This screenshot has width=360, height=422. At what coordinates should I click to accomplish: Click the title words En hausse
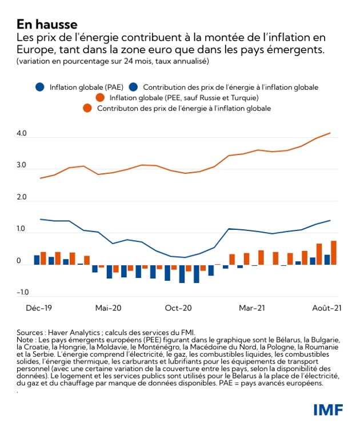point(47,24)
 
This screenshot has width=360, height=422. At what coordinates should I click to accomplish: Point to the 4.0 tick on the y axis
point(22,134)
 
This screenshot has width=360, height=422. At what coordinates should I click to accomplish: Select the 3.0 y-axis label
point(22,166)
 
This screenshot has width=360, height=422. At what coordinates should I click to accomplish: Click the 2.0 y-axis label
point(22,198)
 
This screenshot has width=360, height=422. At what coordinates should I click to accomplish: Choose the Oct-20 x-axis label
point(178,308)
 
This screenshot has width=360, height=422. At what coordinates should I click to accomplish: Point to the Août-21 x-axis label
point(323,308)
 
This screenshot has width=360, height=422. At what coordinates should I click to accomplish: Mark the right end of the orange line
point(330,133)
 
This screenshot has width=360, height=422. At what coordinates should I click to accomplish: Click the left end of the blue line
point(40,219)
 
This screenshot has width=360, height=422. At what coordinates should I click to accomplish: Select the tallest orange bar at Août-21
point(334,253)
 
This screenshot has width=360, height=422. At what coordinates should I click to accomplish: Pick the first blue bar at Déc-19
point(37,260)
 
